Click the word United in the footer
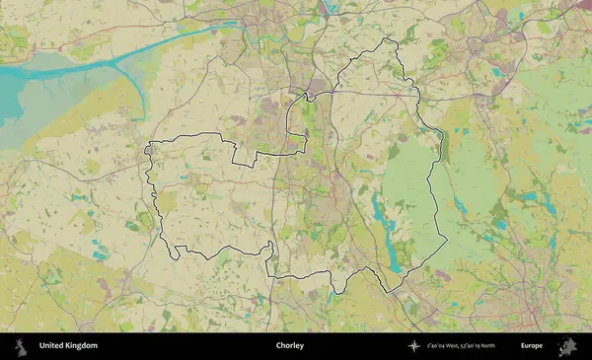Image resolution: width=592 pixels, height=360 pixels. coord(53,346)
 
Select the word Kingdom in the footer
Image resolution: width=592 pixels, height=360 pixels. coord(83,346)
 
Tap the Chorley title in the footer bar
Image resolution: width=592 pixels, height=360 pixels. coord(290,346)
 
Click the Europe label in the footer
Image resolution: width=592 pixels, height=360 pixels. coord(532,346)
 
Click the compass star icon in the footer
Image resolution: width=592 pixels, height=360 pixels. coord(414,346)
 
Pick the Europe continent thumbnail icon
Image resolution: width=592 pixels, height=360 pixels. coord(568,346)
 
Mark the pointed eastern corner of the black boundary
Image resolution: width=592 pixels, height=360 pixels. coord(447,238)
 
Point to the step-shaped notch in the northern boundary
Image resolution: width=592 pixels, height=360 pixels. coord(240,153)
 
